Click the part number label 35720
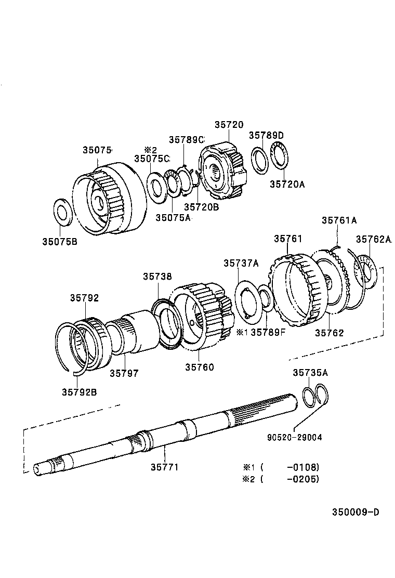[229, 125]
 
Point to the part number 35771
[164, 467]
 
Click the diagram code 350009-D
[355, 512]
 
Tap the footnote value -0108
[302, 467]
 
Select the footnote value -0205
[302, 479]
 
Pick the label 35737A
[241, 263]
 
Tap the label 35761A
[339, 220]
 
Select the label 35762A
[373, 239]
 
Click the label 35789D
[266, 135]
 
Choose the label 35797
[124, 373]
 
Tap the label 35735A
[310, 372]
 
